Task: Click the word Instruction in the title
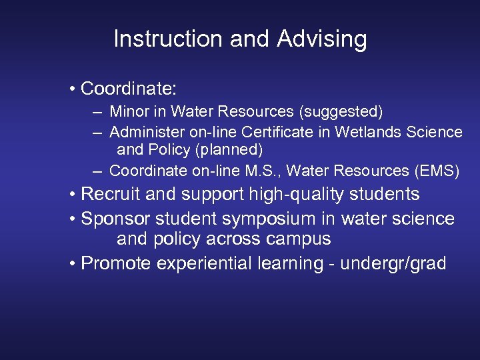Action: click(168, 39)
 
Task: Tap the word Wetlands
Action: click(368, 132)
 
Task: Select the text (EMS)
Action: click(436, 171)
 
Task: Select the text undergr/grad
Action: click(393, 264)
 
